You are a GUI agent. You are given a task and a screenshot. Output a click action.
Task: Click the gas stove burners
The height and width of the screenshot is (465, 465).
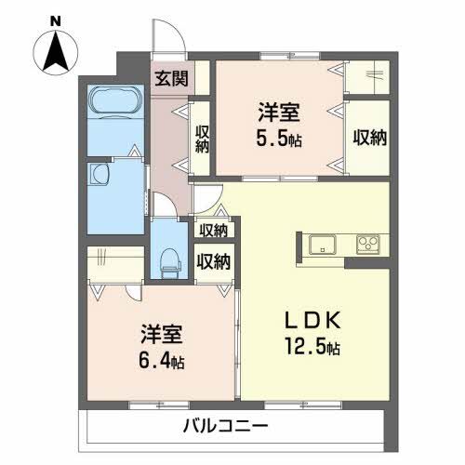pos(369,246)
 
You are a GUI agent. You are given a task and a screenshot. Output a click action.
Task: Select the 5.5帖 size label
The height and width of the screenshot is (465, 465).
pos(279,139)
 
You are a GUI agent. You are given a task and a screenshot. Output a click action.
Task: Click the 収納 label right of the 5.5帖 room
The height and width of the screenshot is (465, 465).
pos(369,136)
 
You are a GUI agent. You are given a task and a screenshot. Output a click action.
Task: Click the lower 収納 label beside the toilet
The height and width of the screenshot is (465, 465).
pos(214,261)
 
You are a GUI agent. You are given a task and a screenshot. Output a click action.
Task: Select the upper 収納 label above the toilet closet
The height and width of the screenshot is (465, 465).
pos(214,230)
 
